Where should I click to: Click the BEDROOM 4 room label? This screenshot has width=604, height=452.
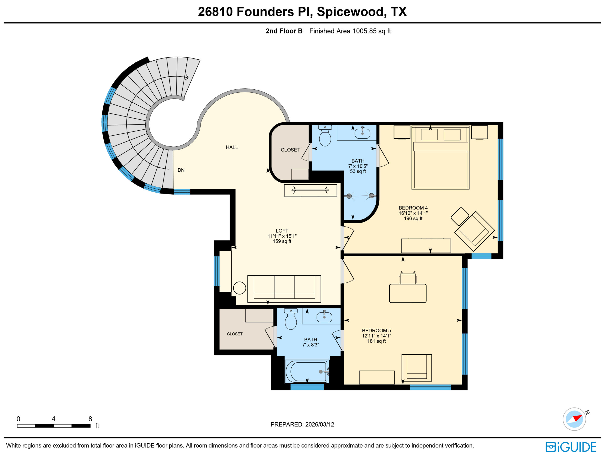tap(413, 208)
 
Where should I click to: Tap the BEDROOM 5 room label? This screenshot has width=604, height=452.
tap(376, 331)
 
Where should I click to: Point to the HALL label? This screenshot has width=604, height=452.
tap(232, 147)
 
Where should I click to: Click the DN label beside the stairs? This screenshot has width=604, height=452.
tap(181, 170)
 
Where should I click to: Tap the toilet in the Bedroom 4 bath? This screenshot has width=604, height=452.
tap(325, 136)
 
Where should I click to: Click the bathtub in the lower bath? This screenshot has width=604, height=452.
tap(307, 372)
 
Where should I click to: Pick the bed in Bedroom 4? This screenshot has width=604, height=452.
tap(440, 158)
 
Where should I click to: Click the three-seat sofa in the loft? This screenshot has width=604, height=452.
tap(284, 289)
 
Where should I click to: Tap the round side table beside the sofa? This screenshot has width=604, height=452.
tap(239, 288)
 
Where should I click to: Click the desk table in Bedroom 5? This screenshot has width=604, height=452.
tap(408, 293)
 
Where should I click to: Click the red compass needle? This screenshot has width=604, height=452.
tap(578, 418)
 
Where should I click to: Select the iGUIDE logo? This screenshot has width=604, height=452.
tap(571, 447)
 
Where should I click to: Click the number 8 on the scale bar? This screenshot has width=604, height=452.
tap(90, 419)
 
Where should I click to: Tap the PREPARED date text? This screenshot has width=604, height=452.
tap(302, 424)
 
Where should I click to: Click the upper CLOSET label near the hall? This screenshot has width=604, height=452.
tap(290, 150)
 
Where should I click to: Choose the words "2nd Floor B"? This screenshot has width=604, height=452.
tap(284, 31)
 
